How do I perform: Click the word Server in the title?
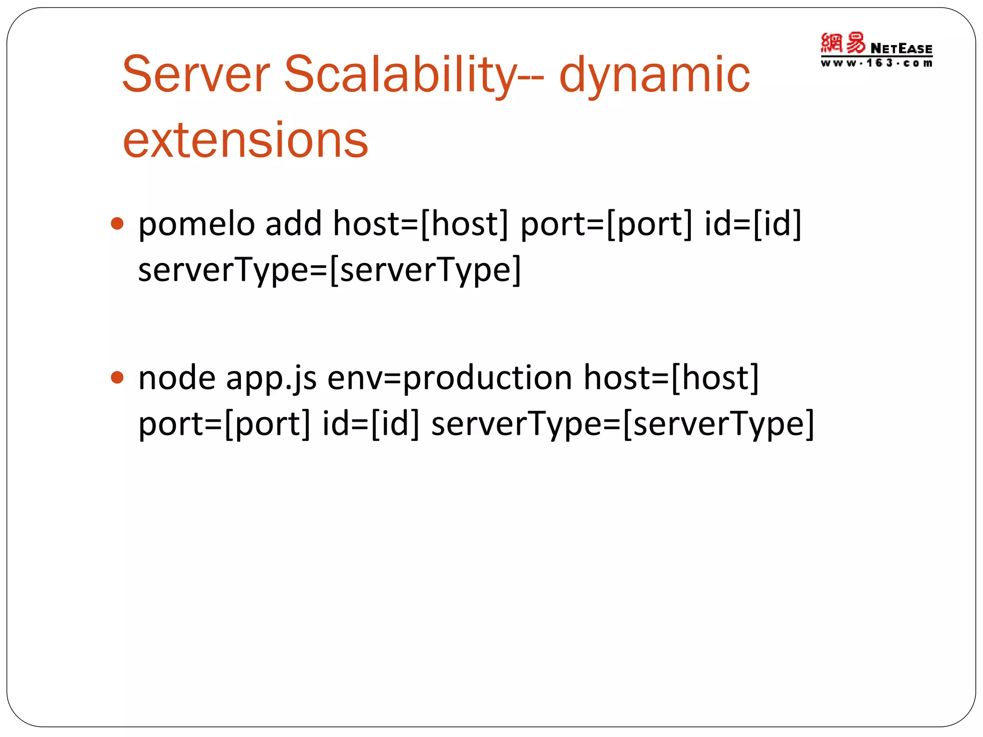coord(195,74)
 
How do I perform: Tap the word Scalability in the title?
coord(400,74)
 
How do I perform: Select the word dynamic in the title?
coord(654,74)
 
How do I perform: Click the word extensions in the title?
coord(245,140)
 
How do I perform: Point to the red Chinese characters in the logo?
coord(843,43)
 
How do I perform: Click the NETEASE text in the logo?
coord(901,48)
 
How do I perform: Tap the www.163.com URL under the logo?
coord(876,63)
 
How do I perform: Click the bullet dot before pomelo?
coord(117,224)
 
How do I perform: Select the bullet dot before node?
coord(117,378)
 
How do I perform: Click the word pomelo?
coord(196,224)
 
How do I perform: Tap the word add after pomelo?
coord(293,224)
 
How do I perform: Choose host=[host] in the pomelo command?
coord(420,224)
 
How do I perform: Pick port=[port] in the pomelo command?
coord(606,224)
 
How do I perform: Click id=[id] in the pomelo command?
coord(753,224)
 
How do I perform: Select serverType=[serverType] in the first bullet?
coord(329,270)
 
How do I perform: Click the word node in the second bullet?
coord(177,378)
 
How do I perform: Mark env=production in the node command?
coord(450,378)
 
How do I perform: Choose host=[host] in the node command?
coord(671,378)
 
